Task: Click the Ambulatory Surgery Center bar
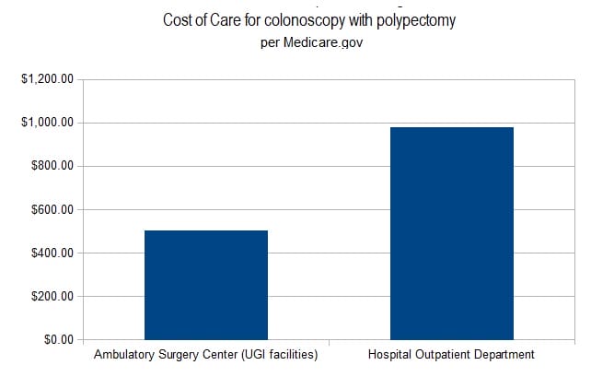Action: coord(206,285)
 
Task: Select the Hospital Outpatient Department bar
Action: coord(451,233)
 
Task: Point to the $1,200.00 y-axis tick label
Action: coord(46,79)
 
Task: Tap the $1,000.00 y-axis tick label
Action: coord(46,123)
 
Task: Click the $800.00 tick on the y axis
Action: coord(50,166)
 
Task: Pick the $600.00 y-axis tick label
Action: coord(50,209)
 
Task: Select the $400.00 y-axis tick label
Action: coord(50,253)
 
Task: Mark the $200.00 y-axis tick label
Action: coord(50,296)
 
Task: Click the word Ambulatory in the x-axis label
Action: coord(126,355)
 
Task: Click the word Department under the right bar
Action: coord(502,355)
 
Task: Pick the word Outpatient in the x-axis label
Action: coord(441,355)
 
